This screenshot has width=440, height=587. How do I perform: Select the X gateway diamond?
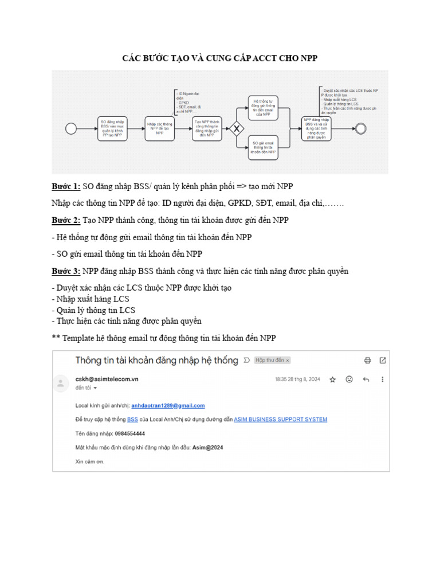[236, 129]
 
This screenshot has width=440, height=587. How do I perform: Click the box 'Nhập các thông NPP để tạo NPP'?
[160, 128]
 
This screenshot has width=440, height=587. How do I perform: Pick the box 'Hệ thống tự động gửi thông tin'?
[263, 107]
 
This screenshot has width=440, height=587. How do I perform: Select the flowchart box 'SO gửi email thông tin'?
[263, 148]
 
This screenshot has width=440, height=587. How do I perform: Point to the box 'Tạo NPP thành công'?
[207, 128]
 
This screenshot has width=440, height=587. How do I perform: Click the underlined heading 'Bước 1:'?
[66, 187]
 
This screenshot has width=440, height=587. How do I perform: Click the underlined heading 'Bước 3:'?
[66, 271]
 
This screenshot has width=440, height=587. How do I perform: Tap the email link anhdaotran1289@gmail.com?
[168, 405]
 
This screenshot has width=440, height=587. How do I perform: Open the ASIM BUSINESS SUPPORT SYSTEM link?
[280, 420]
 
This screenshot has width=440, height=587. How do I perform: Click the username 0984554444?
[129, 433]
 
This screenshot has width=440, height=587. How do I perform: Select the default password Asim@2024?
[208, 448]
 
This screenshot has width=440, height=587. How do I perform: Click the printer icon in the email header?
[367, 360]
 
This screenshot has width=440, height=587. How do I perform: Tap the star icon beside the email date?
[332, 379]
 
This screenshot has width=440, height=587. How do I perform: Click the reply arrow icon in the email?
[366, 379]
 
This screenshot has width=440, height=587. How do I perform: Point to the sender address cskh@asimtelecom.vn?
[107, 379]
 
